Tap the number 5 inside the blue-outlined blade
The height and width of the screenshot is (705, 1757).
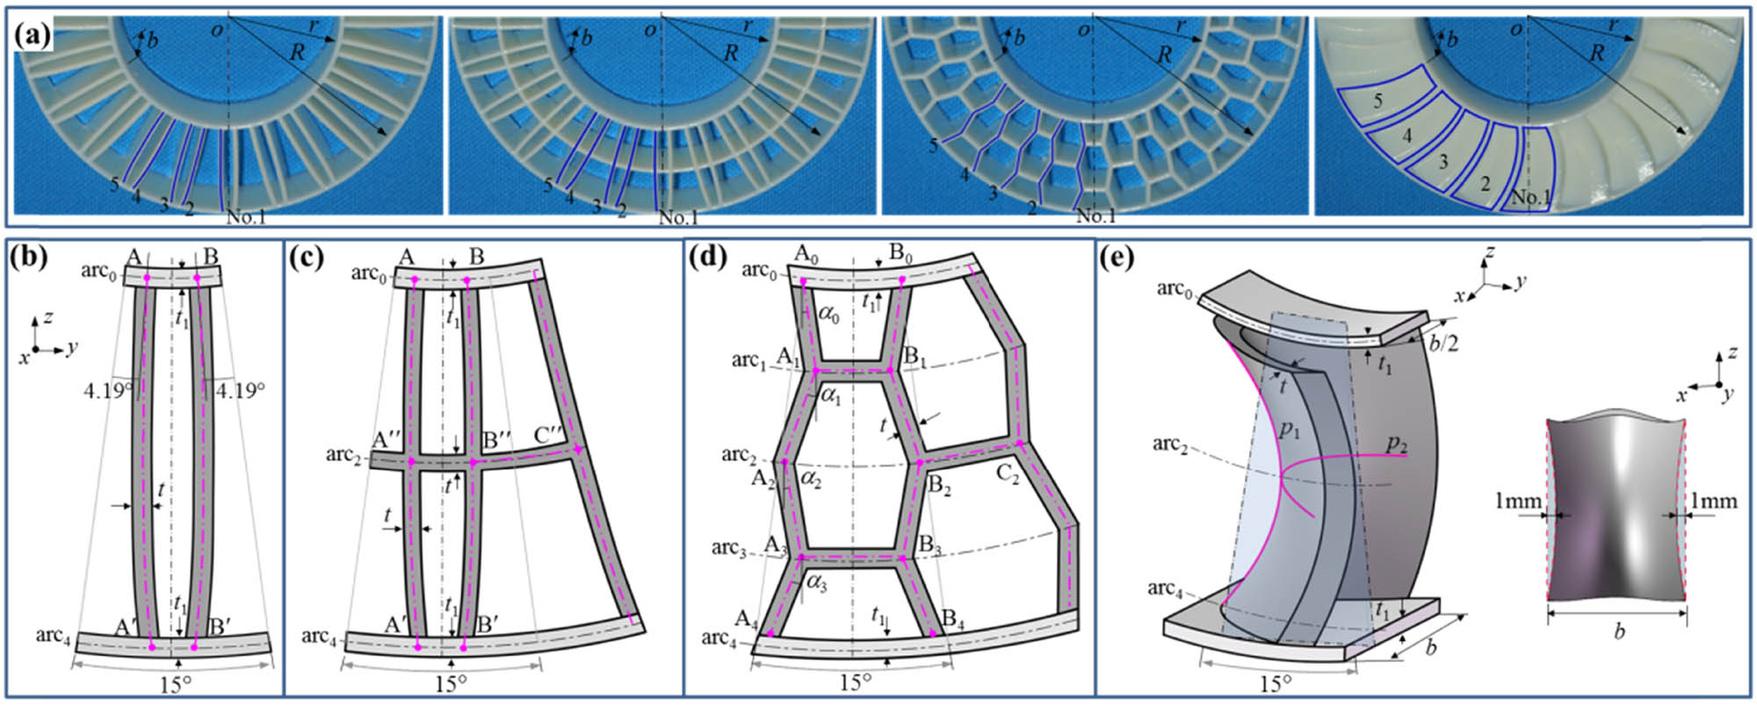(1377, 101)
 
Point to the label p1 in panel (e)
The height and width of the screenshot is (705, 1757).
(1289, 430)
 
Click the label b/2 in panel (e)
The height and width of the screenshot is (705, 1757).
(1441, 343)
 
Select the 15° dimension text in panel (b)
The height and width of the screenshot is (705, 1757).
(176, 685)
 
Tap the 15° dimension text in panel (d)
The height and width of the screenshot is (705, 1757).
(854, 683)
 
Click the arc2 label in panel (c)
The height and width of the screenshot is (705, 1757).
(343, 454)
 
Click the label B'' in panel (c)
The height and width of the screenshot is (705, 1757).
(497, 438)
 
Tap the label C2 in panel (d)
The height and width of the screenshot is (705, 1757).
(1008, 475)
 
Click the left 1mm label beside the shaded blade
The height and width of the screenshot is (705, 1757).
(1518, 501)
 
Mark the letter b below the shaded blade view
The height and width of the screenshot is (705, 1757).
(1618, 631)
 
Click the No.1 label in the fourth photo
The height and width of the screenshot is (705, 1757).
(1530, 198)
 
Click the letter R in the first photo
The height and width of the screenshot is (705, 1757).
(297, 53)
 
